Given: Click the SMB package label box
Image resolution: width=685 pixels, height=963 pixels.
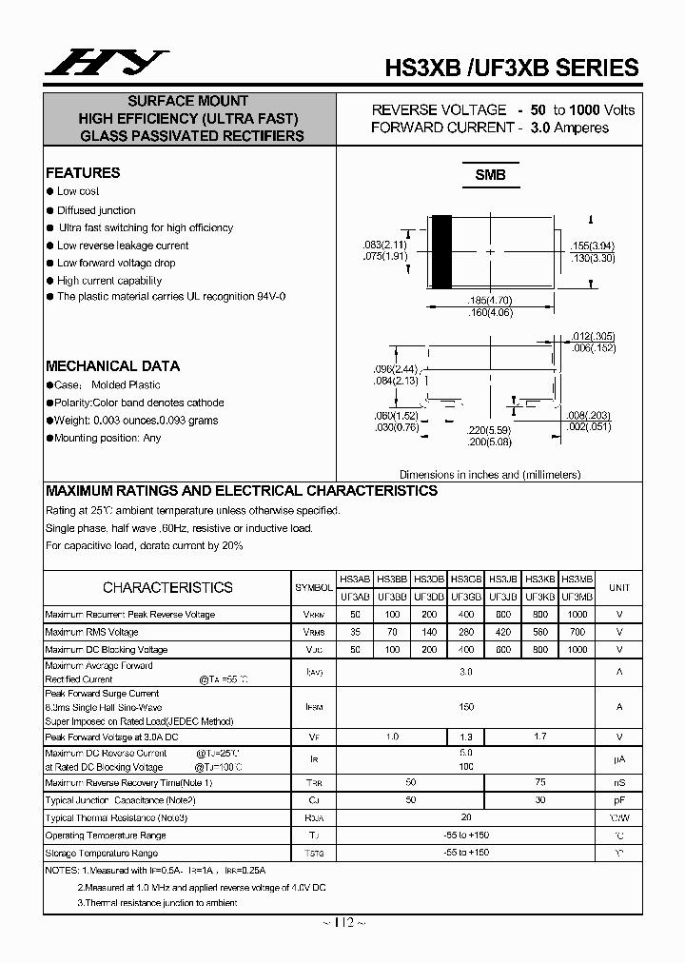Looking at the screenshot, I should point(490,175).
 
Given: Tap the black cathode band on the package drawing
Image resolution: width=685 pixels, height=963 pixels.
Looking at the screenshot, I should point(441,251).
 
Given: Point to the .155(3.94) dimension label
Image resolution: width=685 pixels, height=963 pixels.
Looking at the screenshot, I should point(592,245).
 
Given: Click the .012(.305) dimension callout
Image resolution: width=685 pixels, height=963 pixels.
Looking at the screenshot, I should point(594,336).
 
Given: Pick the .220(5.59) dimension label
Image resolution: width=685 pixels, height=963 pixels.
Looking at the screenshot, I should point(489,429).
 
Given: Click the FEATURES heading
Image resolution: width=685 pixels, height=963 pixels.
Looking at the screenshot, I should point(83,173).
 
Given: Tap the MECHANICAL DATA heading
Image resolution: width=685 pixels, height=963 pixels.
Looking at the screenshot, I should point(112,366).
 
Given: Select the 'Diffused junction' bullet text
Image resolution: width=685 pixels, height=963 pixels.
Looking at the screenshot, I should point(96,210).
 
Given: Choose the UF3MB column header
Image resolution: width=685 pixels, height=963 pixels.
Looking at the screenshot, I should point(577,597).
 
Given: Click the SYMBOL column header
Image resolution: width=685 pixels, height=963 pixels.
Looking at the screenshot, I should point(314,588).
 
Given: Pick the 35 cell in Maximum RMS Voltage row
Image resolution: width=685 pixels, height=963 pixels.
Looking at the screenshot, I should point(355,632).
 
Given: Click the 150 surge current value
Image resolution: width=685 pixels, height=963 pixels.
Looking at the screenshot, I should point(466,707).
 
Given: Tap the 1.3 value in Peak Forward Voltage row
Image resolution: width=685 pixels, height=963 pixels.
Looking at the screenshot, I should point(466,737).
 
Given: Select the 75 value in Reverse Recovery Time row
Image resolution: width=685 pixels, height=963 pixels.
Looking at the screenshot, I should point(540,782).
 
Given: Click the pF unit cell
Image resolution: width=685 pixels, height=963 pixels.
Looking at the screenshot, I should point(619,800).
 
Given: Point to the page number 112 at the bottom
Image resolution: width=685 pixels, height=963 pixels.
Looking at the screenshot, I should point(343,923).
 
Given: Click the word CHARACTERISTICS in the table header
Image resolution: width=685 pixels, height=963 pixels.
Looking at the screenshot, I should point(167,588).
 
